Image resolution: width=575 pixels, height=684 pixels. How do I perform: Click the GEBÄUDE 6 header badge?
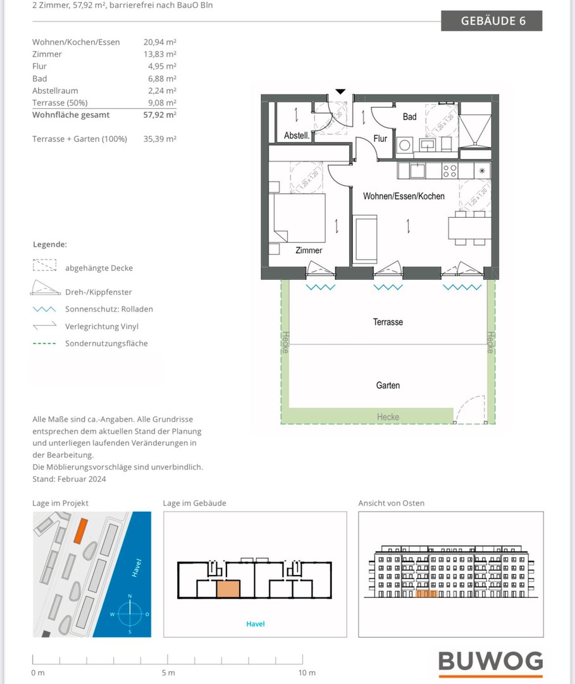click(x=492, y=20)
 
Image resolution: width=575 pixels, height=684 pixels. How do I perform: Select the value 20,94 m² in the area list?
click(x=159, y=42)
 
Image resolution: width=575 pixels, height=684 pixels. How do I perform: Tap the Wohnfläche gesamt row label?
click(x=71, y=115)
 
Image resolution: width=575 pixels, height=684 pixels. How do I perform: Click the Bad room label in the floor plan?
click(x=409, y=117)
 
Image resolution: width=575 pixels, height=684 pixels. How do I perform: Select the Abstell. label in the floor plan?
click(x=297, y=136)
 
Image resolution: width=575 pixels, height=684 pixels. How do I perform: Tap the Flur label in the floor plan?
click(x=380, y=139)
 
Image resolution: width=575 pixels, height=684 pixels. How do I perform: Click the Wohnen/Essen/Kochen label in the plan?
click(x=403, y=196)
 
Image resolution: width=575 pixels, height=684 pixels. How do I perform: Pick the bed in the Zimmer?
click(x=299, y=218)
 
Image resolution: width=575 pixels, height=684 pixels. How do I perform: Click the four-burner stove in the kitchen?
click(x=450, y=170)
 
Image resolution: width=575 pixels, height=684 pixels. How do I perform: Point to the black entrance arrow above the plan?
click(x=340, y=92)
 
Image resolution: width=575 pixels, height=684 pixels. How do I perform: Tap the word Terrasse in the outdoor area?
click(x=388, y=322)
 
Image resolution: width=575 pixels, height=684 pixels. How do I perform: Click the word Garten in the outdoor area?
click(x=388, y=385)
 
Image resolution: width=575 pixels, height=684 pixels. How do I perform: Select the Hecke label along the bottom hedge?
click(x=388, y=417)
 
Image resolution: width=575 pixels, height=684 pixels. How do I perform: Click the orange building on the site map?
click(x=80, y=530)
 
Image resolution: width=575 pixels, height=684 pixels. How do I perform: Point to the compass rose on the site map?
click(x=130, y=613)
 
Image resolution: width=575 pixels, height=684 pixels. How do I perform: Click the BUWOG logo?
click(x=491, y=662)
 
